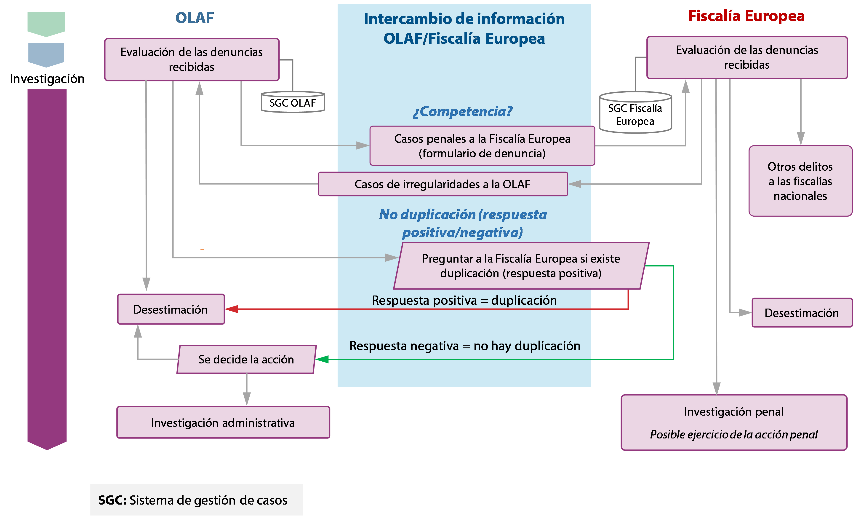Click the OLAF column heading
pos(195,18)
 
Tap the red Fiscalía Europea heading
pos(746,16)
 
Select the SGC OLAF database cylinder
pos(293,102)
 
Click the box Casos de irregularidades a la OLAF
pos(442,184)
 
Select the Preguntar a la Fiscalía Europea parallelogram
pos(521,266)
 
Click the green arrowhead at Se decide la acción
pos(322,359)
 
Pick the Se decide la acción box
pos(246,359)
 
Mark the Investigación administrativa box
pos(223,422)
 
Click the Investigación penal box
pos(733,422)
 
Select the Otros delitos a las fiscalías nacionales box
pos(800,181)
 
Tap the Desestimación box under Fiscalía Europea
pos(801,313)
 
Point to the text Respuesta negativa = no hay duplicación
pos(465,346)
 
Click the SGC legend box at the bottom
pos(196,500)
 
